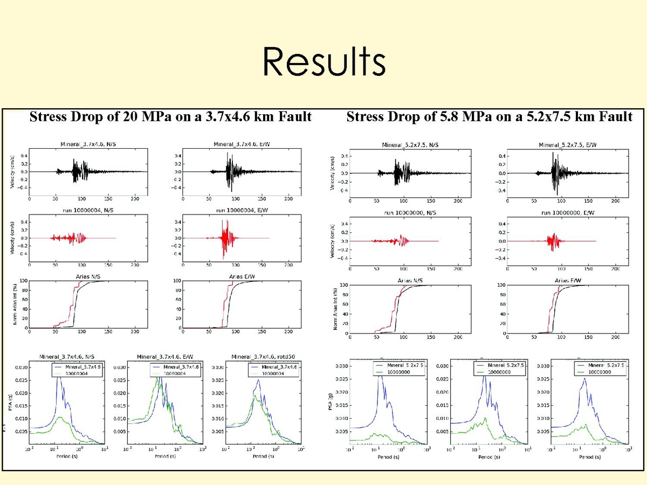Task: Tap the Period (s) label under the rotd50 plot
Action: pos(263,456)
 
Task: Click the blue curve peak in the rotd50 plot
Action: pos(259,380)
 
